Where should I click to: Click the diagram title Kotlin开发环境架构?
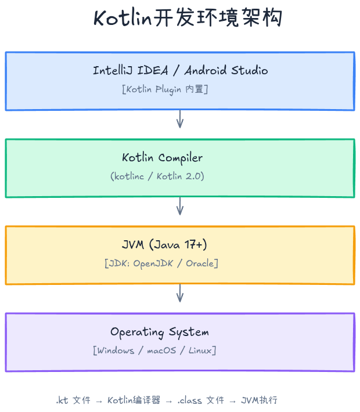(188, 17)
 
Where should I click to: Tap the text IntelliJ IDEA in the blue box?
(131, 70)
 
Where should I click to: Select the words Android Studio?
(226, 70)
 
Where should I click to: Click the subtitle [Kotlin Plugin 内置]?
(165, 89)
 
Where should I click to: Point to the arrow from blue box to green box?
(180, 120)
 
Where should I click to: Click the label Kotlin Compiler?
(162, 158)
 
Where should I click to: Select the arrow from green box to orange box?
(180, 206)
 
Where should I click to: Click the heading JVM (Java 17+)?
(164, 245)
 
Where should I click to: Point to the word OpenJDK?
(153, 263)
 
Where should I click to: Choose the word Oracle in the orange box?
(200, 263)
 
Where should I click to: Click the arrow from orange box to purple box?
(180, 293)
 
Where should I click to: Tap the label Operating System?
(160, 332)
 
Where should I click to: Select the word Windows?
(116, 350)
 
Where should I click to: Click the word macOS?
(161, 350)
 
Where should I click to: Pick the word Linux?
(200, 350)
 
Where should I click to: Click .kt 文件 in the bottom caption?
(73, 400)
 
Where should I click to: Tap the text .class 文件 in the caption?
(201, 400)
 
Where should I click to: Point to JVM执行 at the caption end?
(259, 400)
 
